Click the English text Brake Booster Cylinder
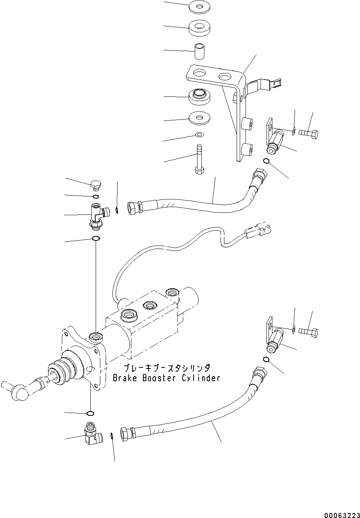point(166,378)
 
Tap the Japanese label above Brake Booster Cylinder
point(166,368)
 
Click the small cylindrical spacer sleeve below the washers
point(199,51)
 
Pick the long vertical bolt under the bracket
point(199,159)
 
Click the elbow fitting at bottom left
point(92,436)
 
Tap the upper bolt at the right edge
point(309,134)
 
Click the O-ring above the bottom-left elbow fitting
point(90,413)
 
